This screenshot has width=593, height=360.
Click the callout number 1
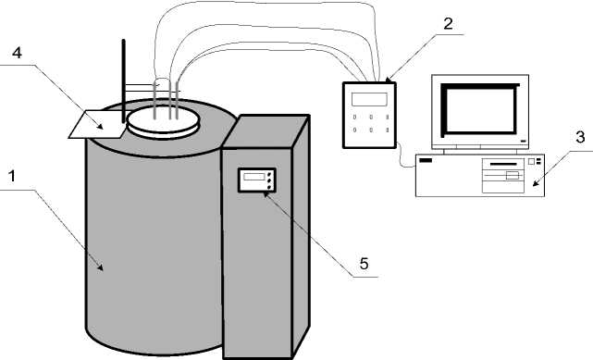click(x=12, y=176)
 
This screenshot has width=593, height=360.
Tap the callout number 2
click(x=448, y=24)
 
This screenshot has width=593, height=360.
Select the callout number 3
click(x=580, y=137)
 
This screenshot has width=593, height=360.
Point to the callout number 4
click(x=17, y=53)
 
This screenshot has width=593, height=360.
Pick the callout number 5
click(x=364, y=264)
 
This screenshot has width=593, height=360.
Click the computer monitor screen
click(x=480, y=109)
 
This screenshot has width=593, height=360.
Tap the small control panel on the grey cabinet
click(x=256, y=180)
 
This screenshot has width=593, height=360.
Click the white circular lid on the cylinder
click(x=164, y=122)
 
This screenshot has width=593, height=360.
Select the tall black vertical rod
click(x=123, y=81)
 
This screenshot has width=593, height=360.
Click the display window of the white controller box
click(x=369, y=99)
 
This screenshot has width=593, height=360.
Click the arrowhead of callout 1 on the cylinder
click(x=101, y=267)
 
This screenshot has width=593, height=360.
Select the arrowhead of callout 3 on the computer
click(x=535, y=183)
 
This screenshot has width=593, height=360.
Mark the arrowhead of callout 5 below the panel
click(x=266, y=194)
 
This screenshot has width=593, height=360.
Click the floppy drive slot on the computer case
click(x=503, y=164)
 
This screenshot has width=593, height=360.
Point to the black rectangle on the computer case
click(x=425, y=160)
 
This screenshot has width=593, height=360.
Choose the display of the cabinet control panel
click(x=253, y=177)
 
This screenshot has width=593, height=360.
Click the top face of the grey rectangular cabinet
click(x=266, y=130)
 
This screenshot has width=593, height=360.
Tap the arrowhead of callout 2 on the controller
click(x=388, y=80)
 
